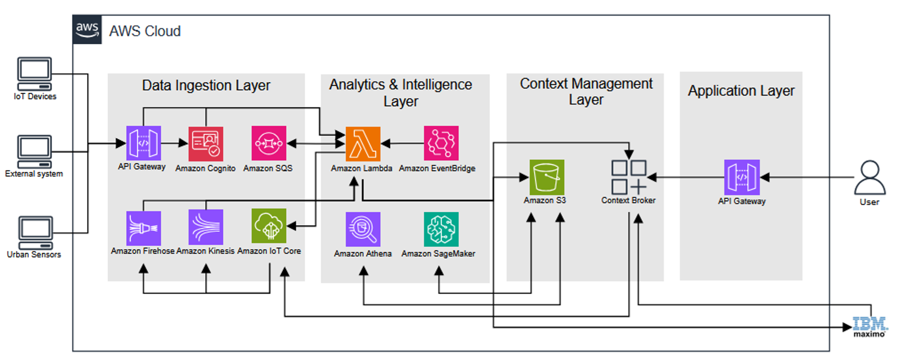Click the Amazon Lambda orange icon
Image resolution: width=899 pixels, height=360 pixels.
click(x=363, y=144)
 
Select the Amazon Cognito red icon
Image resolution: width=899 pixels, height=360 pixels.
click(x=206, y=144)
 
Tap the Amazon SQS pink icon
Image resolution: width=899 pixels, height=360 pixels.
click(x=268, y=143)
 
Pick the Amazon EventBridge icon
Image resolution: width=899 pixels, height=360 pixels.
click(x=441, y=143)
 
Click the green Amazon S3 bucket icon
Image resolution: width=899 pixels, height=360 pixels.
click(x=547, y=177)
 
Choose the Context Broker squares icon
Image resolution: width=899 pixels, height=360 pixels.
click(x=628, y=177)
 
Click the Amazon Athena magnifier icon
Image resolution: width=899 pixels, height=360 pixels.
click(x=363, y=229)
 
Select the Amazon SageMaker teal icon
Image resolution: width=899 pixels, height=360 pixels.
click(x=441, y=229)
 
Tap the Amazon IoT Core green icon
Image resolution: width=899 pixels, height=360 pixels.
click(x=269, y=226)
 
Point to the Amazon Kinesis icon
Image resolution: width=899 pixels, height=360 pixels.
click(x=206, y=227)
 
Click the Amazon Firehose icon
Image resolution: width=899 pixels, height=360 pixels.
click(x=143, y=228)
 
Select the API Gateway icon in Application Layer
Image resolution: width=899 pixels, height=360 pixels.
click(x=742, y=177)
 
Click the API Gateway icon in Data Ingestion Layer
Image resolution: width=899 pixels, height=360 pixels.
click(x=143, y=143)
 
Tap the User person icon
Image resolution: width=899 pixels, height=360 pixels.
click(x=869, y=177)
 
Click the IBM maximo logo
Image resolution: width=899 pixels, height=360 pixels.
click(x=870, y=327)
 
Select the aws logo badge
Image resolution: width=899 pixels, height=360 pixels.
click(x=87, y=30)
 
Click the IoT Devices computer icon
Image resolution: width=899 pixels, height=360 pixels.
click(x=34, y=74)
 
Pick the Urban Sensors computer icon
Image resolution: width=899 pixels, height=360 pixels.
click(x=35, y=233)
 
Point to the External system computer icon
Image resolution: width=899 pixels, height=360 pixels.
click(x=34, y=151)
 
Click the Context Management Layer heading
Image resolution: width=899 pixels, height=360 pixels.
click(x=586, y=92)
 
